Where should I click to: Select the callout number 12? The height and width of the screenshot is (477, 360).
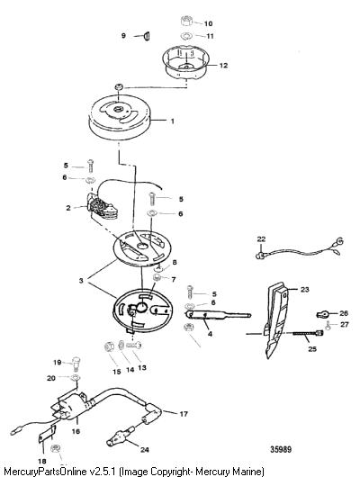coord(224,66)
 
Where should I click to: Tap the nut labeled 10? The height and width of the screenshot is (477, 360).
coord(187,22)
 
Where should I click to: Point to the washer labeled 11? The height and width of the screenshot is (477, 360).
coord(186,36)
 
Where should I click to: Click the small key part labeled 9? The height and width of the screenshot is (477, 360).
coord(146,36)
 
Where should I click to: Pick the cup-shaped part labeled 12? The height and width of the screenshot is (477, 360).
coord(185,64)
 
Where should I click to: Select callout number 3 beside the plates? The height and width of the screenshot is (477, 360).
coord(81,280)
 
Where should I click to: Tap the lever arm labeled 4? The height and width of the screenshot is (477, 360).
coord(218,316)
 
